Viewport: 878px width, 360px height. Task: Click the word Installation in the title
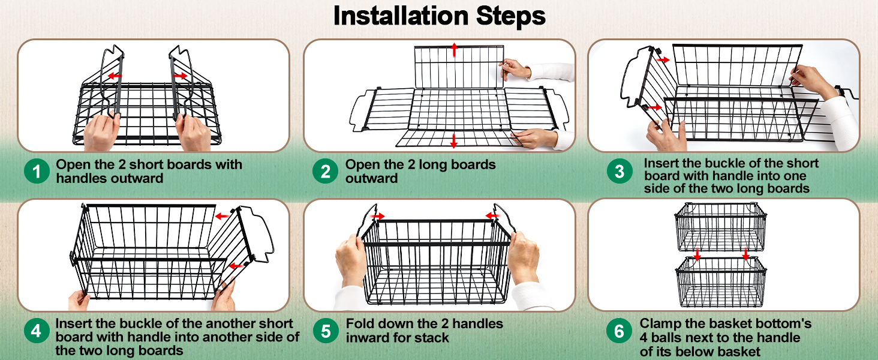pyautogui.click(x=401, y=16)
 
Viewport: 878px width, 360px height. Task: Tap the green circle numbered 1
pyautogui.click(x=37, y=171)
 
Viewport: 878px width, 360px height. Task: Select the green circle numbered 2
pyautogui.click(x=325, y=172)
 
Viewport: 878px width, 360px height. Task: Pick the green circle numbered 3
pyautogui.click(x=620, y=171)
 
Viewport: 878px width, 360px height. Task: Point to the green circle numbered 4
pyautogui.click(x=37, y=331)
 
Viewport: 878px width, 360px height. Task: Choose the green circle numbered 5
pyautogui.click(x=326, y=331)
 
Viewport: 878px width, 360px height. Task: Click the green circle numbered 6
pyautogui.click(x=619, y=331)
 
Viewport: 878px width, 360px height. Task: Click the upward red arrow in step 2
pyautogui.click(x=454, y=49)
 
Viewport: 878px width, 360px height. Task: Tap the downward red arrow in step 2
pyautogui.click(x=454, y=140)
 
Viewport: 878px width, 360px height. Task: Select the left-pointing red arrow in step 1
pyautogui.click(x=115, y=76)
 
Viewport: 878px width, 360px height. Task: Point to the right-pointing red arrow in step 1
pyautogui.click(x=181, y=76)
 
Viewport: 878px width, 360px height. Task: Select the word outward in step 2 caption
pyautogui.click(x=372, y=178)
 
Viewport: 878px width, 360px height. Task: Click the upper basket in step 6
pyautogui.click(x=720, y=227)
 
